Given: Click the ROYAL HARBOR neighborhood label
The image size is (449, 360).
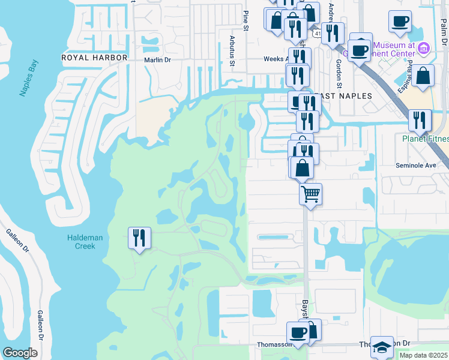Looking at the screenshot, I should (95, 58).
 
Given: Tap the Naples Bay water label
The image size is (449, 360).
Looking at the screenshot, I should (28, 79).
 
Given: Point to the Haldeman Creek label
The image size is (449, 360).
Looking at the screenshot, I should (85, 242).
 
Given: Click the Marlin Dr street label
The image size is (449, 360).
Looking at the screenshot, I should (157, 60).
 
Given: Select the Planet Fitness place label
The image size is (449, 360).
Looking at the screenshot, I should (425, 139).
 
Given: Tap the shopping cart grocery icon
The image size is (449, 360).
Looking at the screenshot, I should (310, 194).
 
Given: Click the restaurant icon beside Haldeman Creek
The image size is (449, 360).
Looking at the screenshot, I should (139, 238).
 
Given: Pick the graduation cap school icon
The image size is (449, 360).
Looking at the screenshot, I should (382, 347).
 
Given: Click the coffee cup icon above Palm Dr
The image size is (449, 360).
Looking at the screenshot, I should (400, 22).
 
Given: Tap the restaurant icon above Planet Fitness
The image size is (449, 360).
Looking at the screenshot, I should (420, 120).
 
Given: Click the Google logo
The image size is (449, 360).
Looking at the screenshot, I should (20, 353).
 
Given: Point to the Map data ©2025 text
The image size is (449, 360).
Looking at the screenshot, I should (423, 355).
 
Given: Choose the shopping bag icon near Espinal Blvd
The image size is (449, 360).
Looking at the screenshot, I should (423, 76).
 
